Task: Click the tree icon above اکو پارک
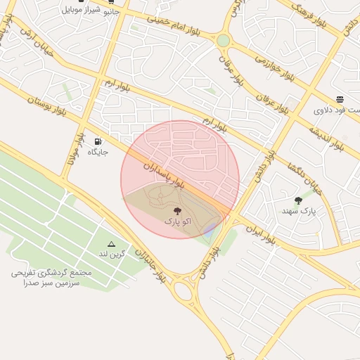176,210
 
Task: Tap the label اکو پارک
176,221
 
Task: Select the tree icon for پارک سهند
299,200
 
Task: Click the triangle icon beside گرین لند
110,243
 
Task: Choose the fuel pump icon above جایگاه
97,141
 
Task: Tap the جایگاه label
96,152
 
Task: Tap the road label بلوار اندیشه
324,133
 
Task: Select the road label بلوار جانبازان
150,265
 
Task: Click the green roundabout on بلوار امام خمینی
223,41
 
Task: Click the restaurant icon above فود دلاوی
340,99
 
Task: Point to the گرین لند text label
112,253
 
